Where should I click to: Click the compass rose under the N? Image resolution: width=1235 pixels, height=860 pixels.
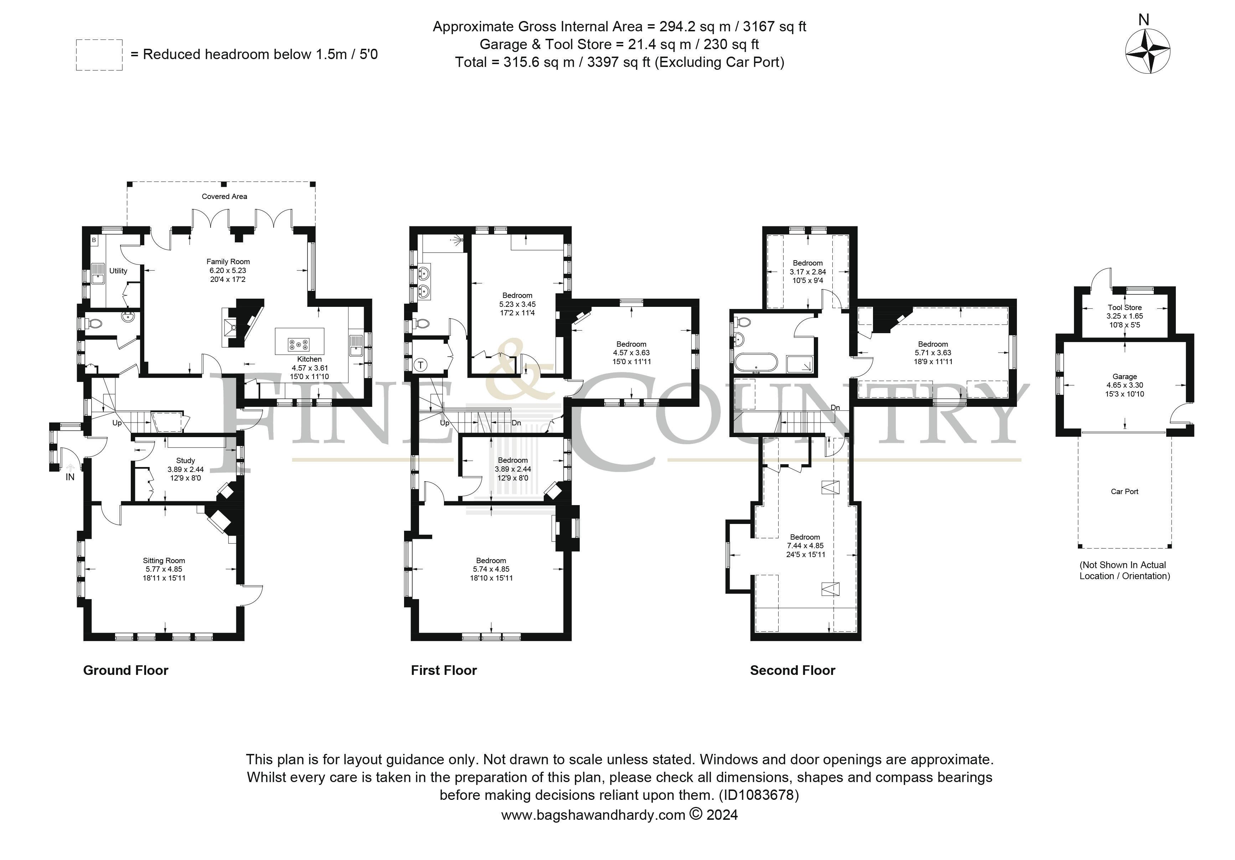coord(1147,52)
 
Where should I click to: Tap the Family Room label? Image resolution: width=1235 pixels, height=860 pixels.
coord(228,262)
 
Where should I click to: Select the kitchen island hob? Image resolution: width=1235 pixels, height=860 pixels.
coord(299,342)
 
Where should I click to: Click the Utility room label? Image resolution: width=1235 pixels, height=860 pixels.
coord(118,271)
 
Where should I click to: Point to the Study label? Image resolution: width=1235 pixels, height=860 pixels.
coord(186,461)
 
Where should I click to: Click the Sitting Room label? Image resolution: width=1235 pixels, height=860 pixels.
coord(164,561)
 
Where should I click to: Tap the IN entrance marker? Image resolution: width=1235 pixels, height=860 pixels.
coord(70,477)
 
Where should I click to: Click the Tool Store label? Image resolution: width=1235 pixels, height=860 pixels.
coord(1125,308)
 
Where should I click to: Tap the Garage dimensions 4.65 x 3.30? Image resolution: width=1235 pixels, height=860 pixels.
coord(1125,386)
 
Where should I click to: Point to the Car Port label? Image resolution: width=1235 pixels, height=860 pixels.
coord(1125,491)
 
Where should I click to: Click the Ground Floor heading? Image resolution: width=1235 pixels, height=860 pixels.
coord(126,670)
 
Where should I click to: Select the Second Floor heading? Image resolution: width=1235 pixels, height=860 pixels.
coord(793,670)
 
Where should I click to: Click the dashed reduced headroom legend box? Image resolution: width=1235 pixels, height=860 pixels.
coord(99,55)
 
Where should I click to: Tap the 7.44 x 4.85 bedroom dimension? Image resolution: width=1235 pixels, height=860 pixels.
coord(805,546)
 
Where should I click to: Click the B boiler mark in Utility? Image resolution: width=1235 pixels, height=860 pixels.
coord(94,240)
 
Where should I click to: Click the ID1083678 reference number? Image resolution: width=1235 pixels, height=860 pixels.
coord(759,795)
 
